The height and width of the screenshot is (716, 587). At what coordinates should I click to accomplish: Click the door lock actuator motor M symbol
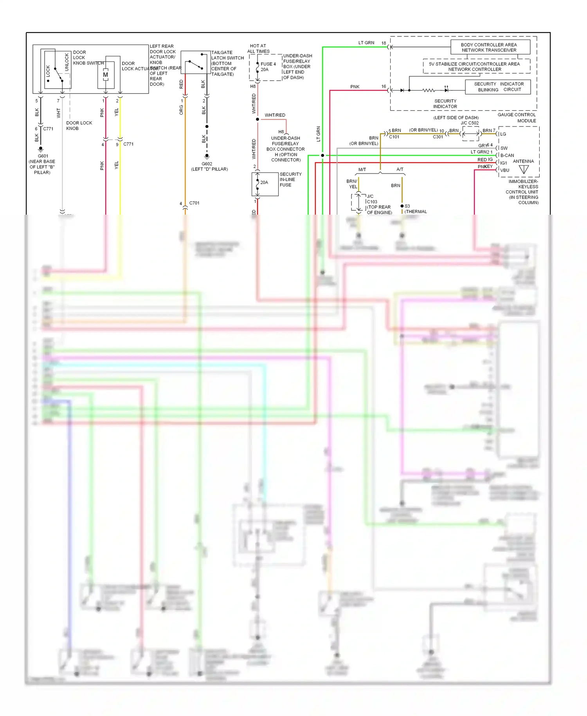pos(106,74)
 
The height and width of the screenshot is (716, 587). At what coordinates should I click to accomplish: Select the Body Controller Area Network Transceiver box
pos(490,47)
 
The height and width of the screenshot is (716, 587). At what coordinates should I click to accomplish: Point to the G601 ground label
pos(43,156)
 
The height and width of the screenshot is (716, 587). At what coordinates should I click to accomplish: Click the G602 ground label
pos(207,164)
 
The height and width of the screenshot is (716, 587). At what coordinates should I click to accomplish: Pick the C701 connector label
pos(194,203)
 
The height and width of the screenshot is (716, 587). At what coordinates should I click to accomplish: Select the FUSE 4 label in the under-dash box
pos(268,64)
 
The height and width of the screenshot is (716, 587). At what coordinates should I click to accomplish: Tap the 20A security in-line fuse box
pos(265,184)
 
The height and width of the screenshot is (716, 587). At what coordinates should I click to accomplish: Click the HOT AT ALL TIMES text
pos(258,49)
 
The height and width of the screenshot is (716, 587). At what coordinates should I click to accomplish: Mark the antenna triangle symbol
pos(524,169)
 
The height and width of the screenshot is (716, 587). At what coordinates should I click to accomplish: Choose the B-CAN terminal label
pos(507,155)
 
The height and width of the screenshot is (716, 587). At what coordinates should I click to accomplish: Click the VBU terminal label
pos(505,170)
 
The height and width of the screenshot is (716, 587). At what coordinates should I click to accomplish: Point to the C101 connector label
pos(394,137)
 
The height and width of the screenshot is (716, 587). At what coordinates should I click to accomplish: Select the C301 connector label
pos(438,137)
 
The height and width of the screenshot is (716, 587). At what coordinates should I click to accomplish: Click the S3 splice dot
pos(402,206)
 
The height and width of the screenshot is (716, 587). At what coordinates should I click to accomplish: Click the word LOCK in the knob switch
pos(48,71)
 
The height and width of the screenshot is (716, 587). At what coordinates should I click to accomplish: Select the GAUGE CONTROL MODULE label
pos(517,118)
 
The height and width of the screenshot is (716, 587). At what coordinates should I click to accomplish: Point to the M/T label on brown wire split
pos(362,170)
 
